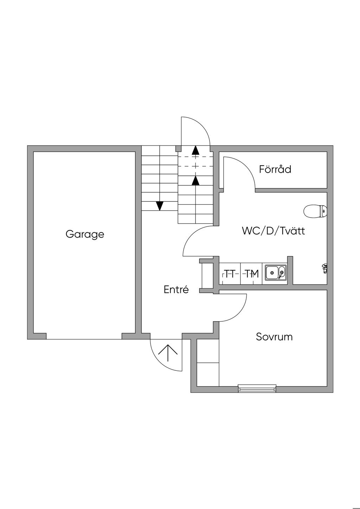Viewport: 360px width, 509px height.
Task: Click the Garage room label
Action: [x=85, y=234]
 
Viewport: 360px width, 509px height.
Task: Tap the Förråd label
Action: [x=275, y=169]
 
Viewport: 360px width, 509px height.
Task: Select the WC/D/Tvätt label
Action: [x=273, y=231]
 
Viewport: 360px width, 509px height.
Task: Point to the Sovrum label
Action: [x=274, y=337]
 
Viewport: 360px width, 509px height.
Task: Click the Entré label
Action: [x=176, y=290]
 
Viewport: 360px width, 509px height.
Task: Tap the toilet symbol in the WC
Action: [x=315, y=211]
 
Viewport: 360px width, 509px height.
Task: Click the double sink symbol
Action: [x=276, y=273]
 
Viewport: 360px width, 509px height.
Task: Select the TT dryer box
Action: [x=230, y=273]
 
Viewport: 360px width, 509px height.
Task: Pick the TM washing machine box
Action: [x=251, y=273]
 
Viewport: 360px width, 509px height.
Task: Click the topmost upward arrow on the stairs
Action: [x=195, y=150]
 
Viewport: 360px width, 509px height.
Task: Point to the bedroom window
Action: [x=257, y=388]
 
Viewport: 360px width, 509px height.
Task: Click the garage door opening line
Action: [x=84, y=339]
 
